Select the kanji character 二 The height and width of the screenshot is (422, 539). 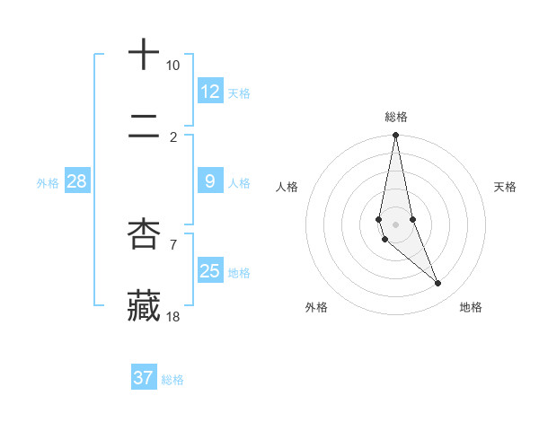click(144, 129)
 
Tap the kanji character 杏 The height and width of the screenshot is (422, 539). click(144, 233)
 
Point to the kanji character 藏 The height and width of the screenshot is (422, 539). click(144, 305)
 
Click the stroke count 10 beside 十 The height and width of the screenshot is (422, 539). click(172, 66)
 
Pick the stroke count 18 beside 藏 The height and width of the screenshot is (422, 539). click(172, 316)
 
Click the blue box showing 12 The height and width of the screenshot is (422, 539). click(210, 92)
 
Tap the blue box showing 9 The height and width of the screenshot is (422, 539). click(210, 181)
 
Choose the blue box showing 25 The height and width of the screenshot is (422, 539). click(210, 271)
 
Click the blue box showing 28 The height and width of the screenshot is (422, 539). click(76, 181)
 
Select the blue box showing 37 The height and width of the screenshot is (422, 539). click(144, 378)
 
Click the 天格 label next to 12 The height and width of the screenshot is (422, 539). click(239, 93)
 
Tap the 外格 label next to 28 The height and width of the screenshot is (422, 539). click(48, 183)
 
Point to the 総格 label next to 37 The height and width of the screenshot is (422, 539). click(172, 380)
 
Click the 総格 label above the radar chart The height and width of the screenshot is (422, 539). click(396, 117)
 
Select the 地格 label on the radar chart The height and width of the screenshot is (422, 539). click(471, 307)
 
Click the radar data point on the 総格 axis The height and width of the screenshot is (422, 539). click(395, 136)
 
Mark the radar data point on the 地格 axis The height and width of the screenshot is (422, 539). click(438, 284)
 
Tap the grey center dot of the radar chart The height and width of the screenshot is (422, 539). click(395, 224)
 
